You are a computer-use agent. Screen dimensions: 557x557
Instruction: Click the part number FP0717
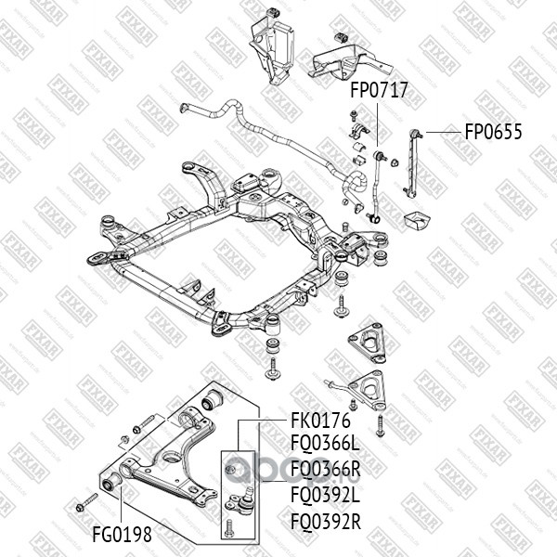point(379,91)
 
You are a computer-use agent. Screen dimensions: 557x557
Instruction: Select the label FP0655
point(493,132)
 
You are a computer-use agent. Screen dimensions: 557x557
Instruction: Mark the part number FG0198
point(122,535)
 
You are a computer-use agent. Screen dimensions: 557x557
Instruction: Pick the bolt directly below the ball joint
point(230,530)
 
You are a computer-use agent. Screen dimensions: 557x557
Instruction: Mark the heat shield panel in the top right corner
point(350,58)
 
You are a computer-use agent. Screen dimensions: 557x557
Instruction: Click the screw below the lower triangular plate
point(380,428)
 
